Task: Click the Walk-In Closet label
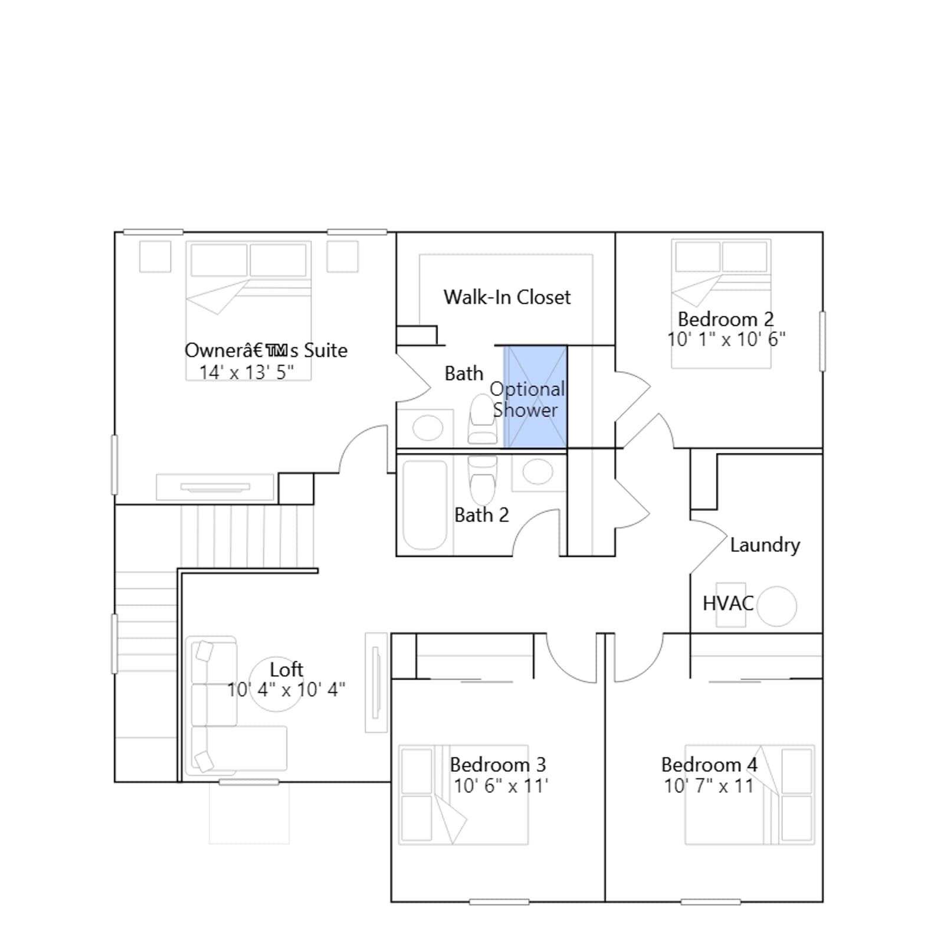507,297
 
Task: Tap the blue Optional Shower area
535,396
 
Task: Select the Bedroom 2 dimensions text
726,339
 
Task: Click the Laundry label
765,545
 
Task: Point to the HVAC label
728,603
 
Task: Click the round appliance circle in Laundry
776,606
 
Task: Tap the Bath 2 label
481,515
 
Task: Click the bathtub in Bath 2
425,505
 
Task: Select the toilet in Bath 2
482,480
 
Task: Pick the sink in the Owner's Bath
428,428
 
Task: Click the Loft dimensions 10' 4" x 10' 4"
286,689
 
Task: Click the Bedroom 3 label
498,765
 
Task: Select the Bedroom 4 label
709,765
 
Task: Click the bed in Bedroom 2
721,304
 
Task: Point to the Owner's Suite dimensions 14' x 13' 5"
247,372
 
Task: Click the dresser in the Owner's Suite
215,487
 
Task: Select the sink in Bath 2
537,472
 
